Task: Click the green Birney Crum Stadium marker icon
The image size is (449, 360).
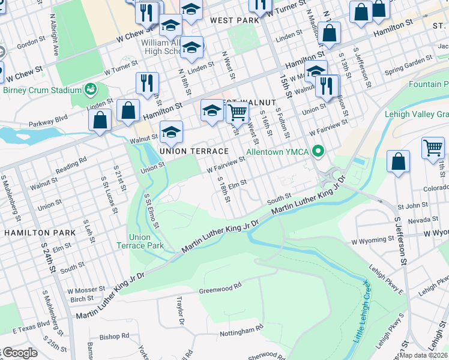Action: pos(91,90)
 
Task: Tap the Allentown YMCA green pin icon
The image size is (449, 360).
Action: pos(319,151)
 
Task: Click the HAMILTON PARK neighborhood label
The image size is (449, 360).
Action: pos(40,232)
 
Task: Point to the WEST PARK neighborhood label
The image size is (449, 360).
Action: pos(234,20)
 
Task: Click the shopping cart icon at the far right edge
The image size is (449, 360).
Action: pos(432,147)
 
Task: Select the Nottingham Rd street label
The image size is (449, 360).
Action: pos(241,329)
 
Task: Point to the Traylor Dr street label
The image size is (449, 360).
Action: pos(179,311)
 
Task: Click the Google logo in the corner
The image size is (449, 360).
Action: pos(19,353)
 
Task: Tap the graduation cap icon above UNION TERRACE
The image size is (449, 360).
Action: pos(171,133)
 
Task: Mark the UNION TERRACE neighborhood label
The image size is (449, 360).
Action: pos(194,151)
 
